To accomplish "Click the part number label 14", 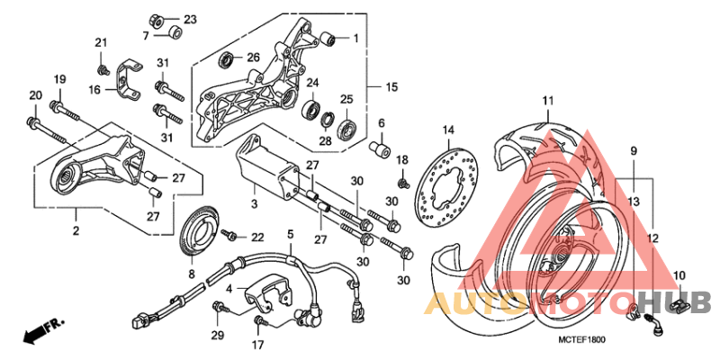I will coord(448,130).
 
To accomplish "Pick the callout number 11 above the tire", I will coord(546,99).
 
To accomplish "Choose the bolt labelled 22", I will coord(229,235).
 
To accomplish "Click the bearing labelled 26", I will coord(228,60).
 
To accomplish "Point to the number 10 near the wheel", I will coord(678,275).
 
